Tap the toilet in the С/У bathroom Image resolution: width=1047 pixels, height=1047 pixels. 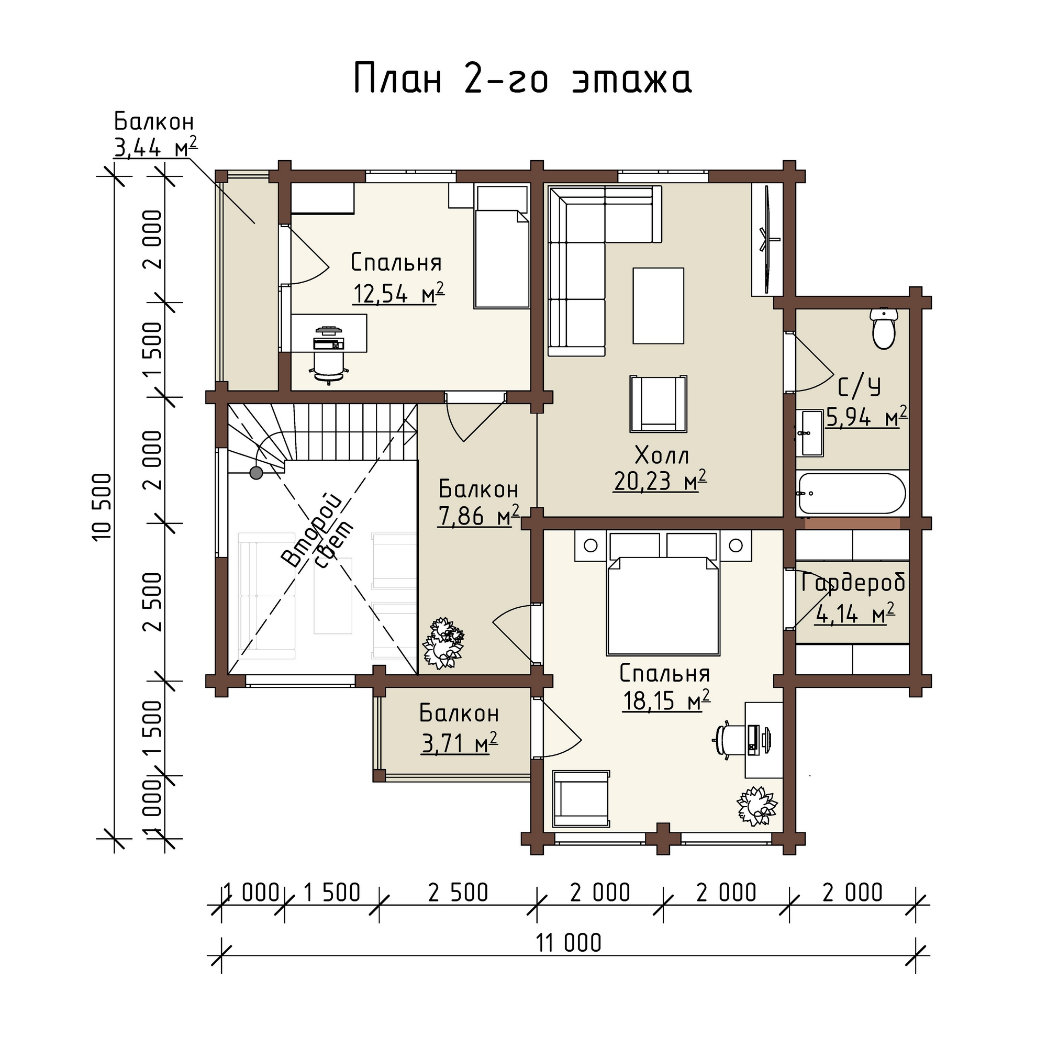pyautogui.click(x=883, y=328)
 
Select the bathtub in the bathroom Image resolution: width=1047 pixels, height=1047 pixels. pyautogui.click(x=851, y=494)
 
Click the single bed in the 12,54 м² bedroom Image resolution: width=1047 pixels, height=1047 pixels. pyautogui.click(x=502, y=247)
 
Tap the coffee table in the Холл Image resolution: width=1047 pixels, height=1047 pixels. pyautogui.click(x=658, y=306)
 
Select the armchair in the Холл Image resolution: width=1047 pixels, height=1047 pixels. pyautogui.click(x=659, y=404)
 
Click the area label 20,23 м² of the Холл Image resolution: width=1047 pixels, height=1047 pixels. pyautogui.click(x=660, y=481)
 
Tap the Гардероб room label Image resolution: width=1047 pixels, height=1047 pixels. pyautogui.click(x=853, y=584)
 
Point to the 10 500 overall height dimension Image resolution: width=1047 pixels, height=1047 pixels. pyautogui.click(x=102, y=507)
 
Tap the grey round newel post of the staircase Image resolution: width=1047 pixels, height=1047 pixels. pyautogui.click(x=256, y=473)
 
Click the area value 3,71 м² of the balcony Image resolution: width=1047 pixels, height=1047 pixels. pyautogui.click(x=459, y=743)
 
